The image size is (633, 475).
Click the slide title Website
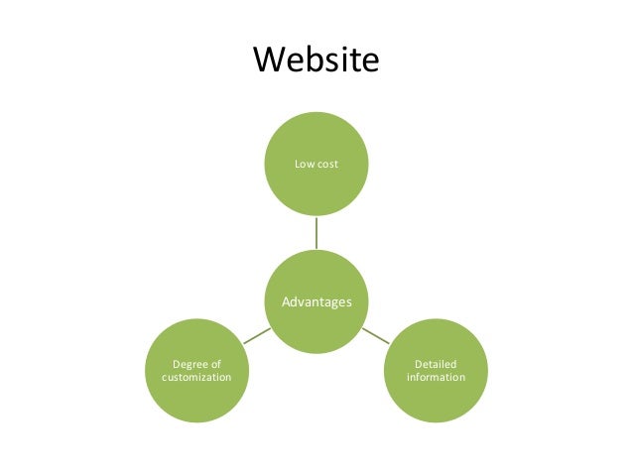coord(316,59)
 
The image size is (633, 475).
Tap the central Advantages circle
coord(316,301)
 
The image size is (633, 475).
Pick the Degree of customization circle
coord(196,371)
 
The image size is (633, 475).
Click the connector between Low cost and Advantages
coord(316,232)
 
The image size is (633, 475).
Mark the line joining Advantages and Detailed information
coord(375,335)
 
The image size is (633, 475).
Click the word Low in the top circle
coord(304,162)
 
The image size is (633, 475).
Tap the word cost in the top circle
coord(326,162)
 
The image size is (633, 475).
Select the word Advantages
coord(316,301)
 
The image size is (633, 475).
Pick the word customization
coord(196,378)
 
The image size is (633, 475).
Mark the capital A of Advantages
coord(286,301)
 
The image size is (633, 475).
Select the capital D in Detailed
coord(418,364)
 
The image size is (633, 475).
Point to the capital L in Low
coord(298,162)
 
